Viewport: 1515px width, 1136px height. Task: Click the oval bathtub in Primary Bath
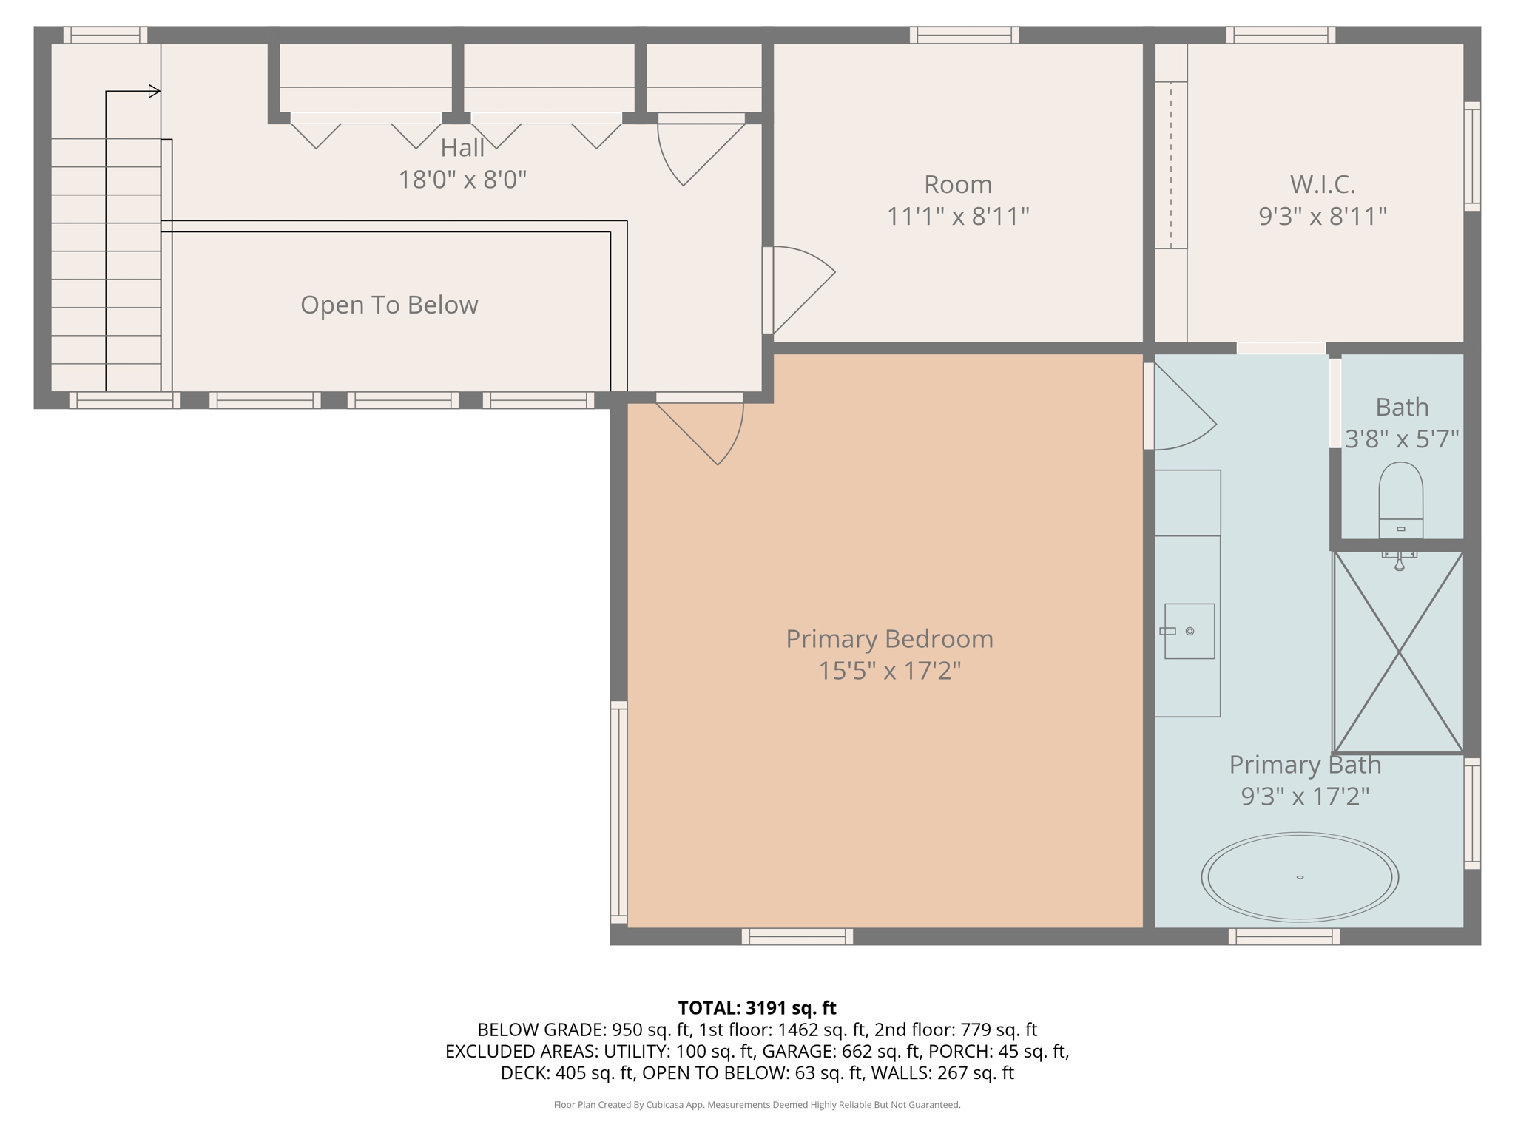1300,877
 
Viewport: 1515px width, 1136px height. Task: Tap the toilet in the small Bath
1400,499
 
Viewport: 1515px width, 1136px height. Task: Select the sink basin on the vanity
1189,631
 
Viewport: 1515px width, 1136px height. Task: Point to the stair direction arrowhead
155,92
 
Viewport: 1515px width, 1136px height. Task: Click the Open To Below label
389,305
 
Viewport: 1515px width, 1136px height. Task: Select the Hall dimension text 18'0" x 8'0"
462,180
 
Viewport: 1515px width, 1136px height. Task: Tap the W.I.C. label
1322,184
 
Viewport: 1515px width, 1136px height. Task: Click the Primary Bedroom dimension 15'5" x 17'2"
889,671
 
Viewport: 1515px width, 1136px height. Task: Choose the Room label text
958,184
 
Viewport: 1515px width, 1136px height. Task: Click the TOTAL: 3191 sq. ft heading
757,1008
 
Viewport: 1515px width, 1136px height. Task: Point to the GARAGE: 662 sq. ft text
842,1051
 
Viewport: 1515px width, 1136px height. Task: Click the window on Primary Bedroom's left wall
618,812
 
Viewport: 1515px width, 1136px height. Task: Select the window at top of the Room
964,35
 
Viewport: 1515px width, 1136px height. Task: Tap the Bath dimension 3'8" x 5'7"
1401,439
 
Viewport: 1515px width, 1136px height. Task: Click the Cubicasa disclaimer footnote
757,1105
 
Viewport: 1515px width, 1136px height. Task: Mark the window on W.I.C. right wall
1472,156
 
